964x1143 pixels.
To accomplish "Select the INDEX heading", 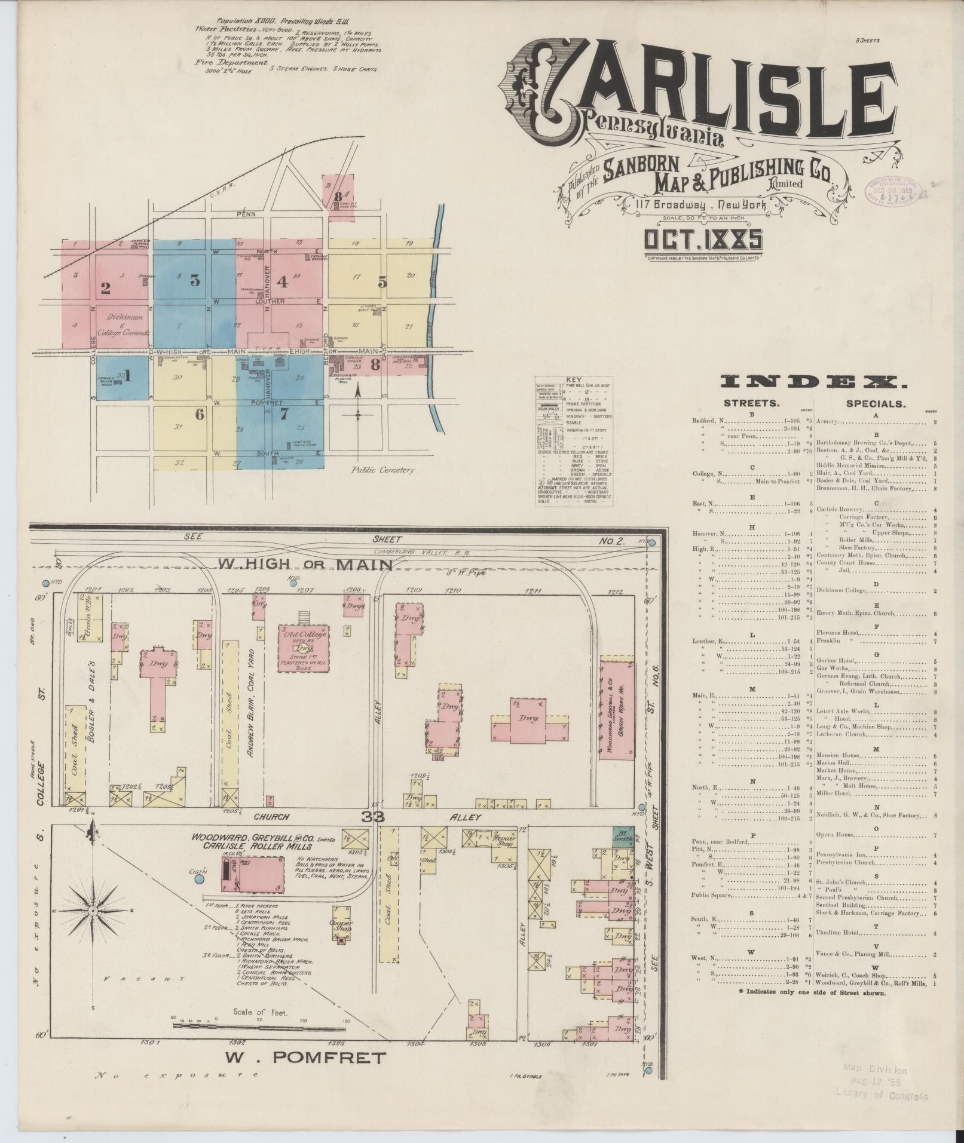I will click(813, 382).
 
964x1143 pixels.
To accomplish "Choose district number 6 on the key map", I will click(199, 413).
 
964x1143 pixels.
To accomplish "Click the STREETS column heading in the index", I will click(752, 403).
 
